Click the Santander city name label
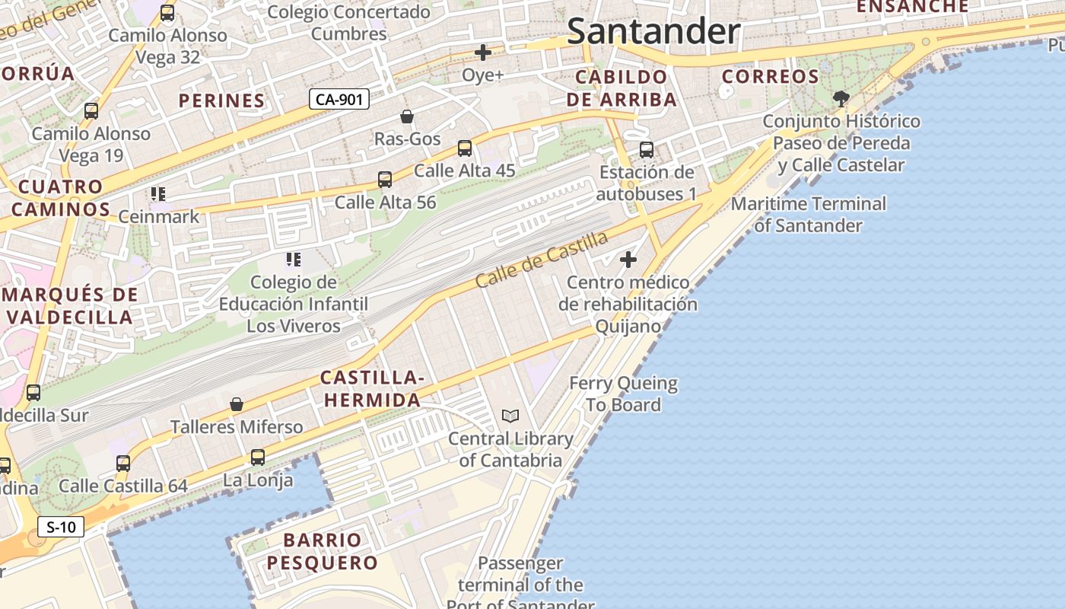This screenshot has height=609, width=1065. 653,32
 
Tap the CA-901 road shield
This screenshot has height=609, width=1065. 339,99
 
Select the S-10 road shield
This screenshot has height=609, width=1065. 61,527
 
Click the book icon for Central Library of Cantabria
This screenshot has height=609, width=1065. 510,416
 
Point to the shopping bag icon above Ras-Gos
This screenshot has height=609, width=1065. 407,116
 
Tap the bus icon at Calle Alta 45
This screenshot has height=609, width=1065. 465,148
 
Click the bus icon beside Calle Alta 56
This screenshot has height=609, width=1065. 385,180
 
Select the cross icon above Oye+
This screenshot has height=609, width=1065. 482,53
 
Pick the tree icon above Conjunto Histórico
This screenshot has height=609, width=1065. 841,98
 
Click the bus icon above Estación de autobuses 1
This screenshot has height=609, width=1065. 647,150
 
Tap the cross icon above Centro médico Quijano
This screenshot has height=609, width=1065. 628,260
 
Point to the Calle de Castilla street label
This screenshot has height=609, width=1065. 542,260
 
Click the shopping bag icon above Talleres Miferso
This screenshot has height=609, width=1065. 237,404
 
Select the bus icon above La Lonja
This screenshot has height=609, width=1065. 258,458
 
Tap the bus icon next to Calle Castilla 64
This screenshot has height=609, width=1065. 123,463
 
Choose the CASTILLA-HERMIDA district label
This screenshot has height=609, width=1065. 370,389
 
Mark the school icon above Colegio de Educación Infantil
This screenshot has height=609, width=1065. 294,260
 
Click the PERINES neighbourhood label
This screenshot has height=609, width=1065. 221,100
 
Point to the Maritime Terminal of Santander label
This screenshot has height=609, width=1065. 808,215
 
